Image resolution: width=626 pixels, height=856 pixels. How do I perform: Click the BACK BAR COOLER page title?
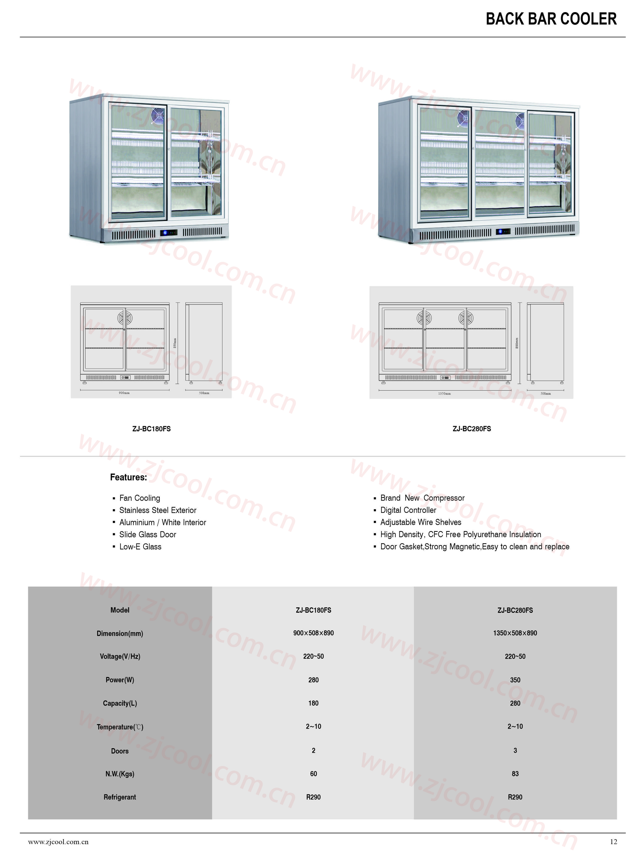[551, 19]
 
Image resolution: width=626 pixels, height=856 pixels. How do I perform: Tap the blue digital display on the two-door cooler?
[169, 232]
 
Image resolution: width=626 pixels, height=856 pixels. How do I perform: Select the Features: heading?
[128, 477]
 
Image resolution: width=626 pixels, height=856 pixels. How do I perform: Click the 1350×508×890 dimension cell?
[515, 633]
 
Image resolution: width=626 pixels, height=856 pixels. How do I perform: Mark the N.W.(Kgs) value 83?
[515, 774]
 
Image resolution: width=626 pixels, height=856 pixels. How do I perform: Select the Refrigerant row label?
[120, 797]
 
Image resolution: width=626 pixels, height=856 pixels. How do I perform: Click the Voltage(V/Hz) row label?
[120, 656]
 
